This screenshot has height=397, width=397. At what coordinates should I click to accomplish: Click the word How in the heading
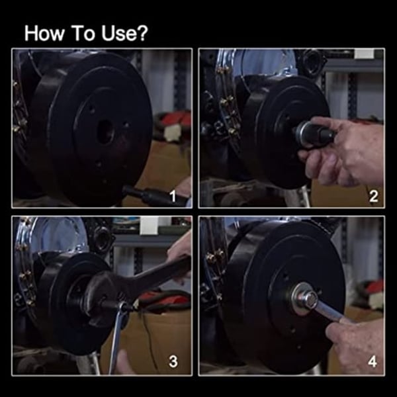click(x=43, y=34)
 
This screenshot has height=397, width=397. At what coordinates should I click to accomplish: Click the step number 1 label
click(x=173, y=197)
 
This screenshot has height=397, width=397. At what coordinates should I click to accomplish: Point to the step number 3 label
click(x=173, y=361)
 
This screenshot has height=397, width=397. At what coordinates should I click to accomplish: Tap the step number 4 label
click(x=373, y=361)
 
